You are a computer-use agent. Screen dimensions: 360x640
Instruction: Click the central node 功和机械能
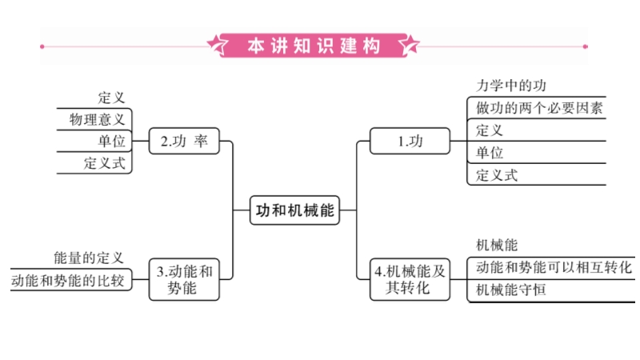(x=294, y=210)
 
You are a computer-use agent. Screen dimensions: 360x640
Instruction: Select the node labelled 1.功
(x=410, y=142)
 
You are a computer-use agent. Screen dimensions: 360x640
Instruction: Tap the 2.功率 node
(x=184, y=142)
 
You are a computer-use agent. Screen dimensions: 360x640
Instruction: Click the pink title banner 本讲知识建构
(x=313, y=45)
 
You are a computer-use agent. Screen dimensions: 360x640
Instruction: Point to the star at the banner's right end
(x=408, y=45)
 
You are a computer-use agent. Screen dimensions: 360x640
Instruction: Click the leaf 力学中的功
(x=511, y=86)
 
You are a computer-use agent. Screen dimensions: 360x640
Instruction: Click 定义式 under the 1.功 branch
(x=497, y=175)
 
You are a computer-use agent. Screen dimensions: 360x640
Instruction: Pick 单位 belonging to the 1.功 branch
(x=490, y=153)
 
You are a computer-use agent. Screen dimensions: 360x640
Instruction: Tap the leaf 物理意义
(x=97, y=119)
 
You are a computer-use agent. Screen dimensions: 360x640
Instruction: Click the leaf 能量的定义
(x=89, y=258)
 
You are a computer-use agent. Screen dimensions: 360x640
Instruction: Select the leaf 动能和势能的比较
(x=69, y=280)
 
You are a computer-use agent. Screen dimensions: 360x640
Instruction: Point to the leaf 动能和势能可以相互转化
(x=553, y=267)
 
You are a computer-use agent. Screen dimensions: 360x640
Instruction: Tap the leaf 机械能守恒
(x=511, y=290)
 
